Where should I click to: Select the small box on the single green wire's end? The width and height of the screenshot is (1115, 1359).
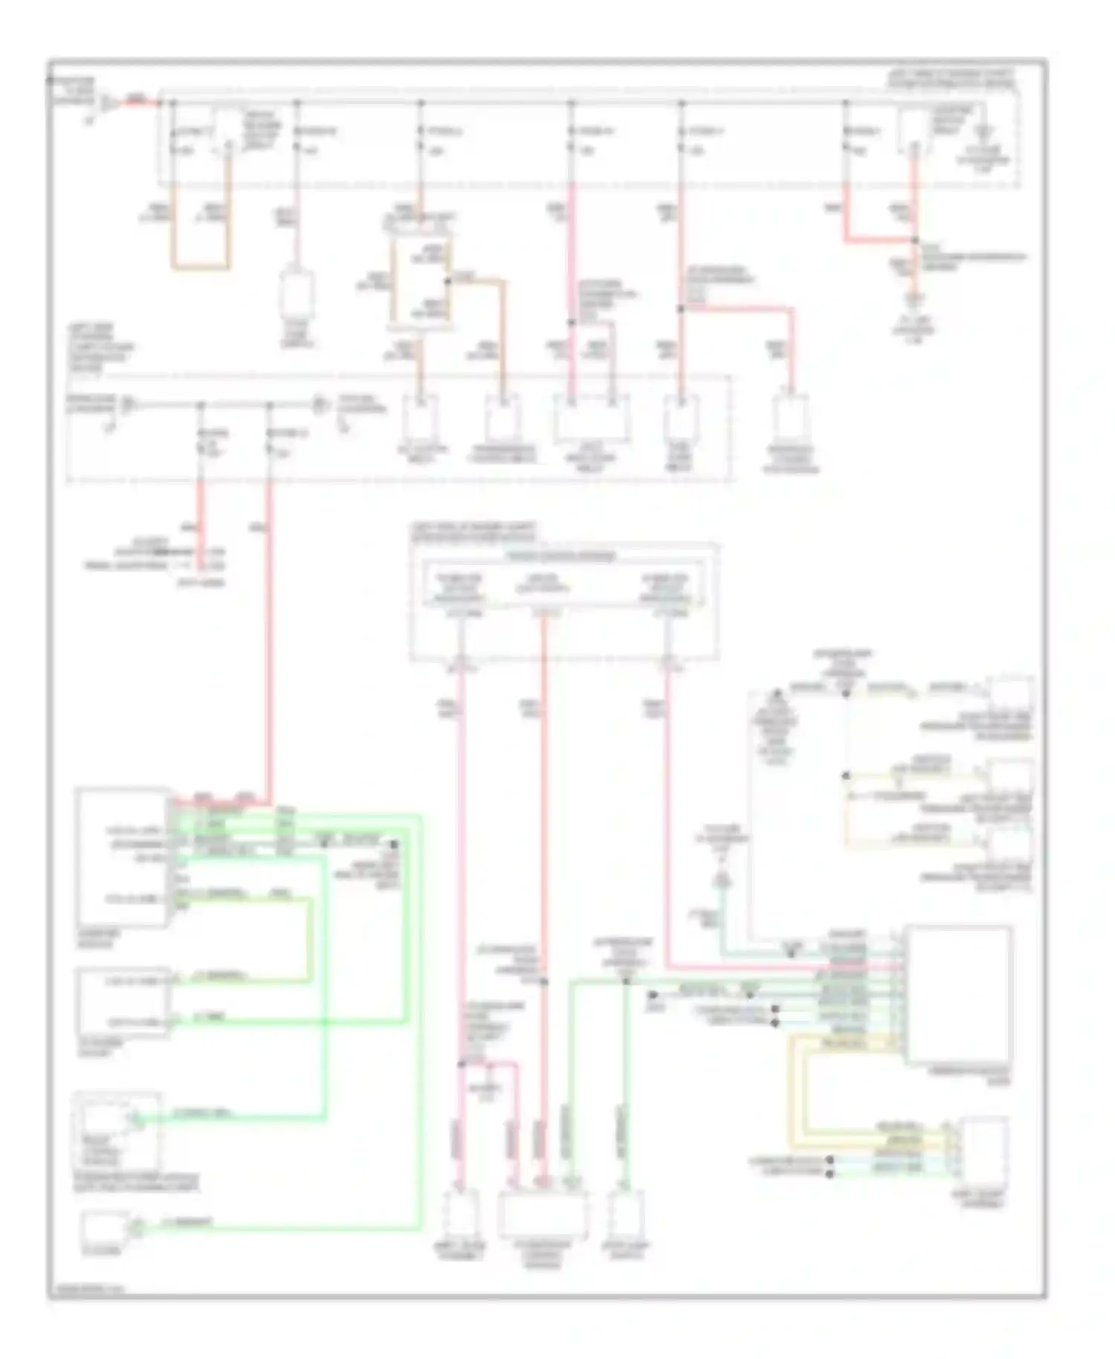click(x=104, y=1228)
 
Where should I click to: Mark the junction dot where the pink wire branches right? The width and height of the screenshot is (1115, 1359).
click(x=679, y=308)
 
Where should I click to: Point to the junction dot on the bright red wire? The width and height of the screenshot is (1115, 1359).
click(x=915, y=240)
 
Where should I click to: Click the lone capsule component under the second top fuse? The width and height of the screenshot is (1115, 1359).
click(x=297, y=294)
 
